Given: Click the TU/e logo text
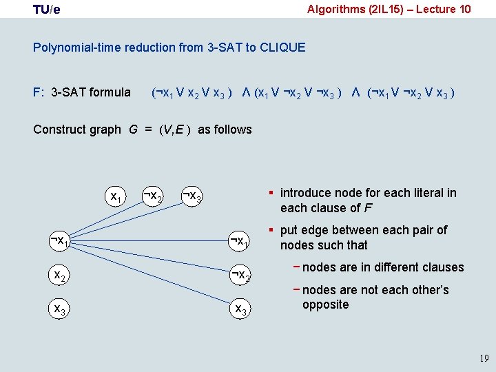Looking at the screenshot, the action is (x=46, y=10).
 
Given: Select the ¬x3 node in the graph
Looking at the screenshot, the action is (x=192, y=198).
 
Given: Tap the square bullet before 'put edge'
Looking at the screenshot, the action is (x=272, y=229).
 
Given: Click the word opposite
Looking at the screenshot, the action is (x=325, y=304).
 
